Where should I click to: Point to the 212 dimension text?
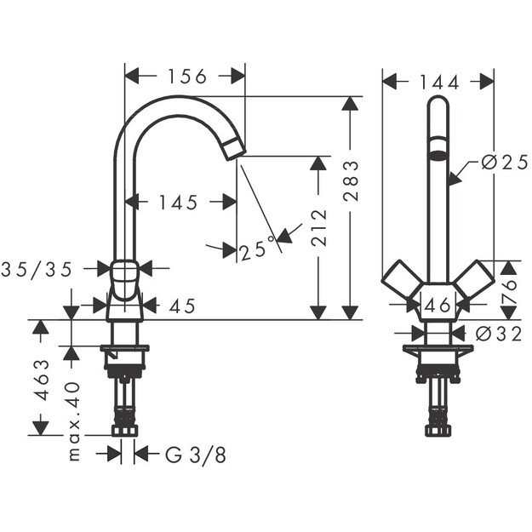pyautogui.click(x=319, y=227)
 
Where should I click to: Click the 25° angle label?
pyautogui.click(x=257, y=250)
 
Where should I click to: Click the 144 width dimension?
pyautogui.click(x=439, y=82)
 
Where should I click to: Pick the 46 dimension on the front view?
pyautogui.click(x=438, y=305)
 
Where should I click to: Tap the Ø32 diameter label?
pyautogui.click(x=501, y=335)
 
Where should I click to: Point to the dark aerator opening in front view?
pyautogui.click(x=437, y=154)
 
